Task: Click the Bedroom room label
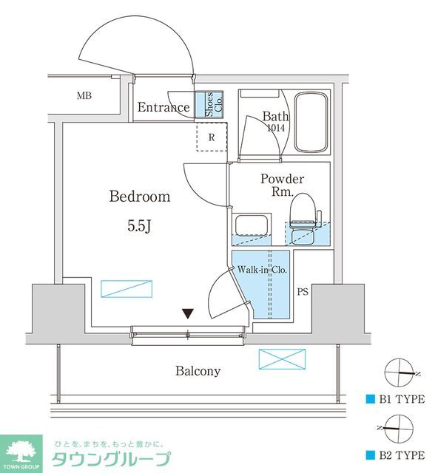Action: (x=140, y=197)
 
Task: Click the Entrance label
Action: (x=164, y=108)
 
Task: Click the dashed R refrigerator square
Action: (x=211, y=137)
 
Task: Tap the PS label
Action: (x=303, y=292)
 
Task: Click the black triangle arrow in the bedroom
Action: (x=189, y=314)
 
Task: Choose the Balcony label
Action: (x=198, y=371)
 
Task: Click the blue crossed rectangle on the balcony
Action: (x=281, y=360)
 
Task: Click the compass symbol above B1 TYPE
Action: (x=397, y=372)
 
